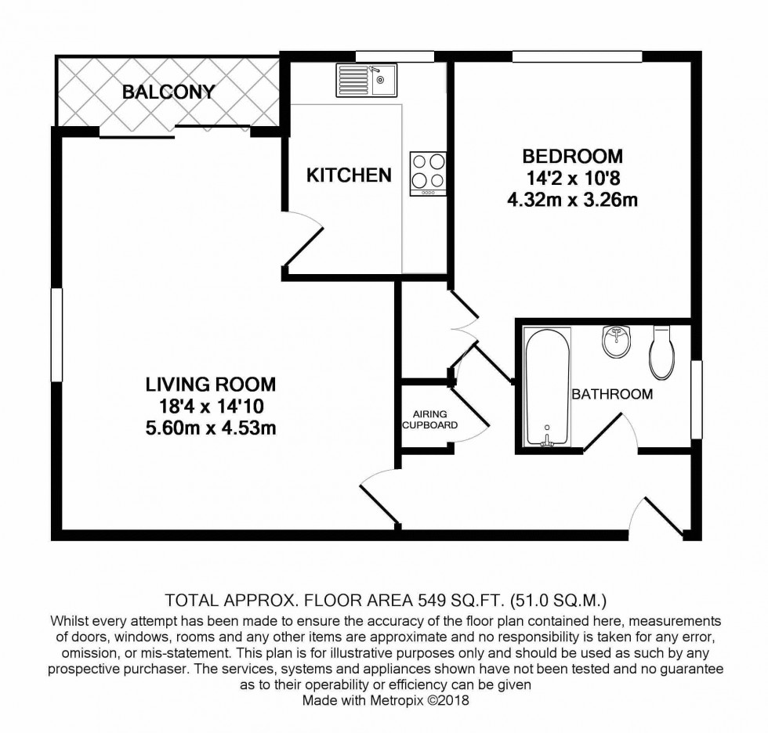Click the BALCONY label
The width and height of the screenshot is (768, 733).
[x=168, y=92]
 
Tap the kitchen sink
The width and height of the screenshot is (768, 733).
[x=367, y=80]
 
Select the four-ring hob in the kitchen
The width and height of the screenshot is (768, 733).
[x=428, y=174]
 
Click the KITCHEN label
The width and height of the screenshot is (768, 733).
[x=349, y=175]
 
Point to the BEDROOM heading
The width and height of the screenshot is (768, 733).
[x=573, y=157]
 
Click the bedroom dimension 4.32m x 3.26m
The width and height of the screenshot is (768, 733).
[x=573, y=200]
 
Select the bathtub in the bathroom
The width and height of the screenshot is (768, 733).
[x=547, y=387]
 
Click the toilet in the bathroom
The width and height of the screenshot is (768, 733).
[x=662, y=352]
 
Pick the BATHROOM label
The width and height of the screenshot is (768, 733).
[x=612, y=395]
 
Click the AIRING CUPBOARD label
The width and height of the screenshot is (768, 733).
[x=430, y=420]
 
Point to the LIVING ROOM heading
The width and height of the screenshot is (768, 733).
[x=211, y=385]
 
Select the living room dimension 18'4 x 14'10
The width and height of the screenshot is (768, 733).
[x=211, y=406]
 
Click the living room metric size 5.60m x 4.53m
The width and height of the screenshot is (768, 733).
[x=211, y=428]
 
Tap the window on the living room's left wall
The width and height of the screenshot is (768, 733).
[x=56, y=334]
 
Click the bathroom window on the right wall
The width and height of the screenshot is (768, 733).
[x=696, y=399]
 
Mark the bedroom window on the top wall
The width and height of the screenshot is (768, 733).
[x=577, y=56]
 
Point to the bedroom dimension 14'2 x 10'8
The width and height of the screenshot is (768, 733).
[x=573, y=178]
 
